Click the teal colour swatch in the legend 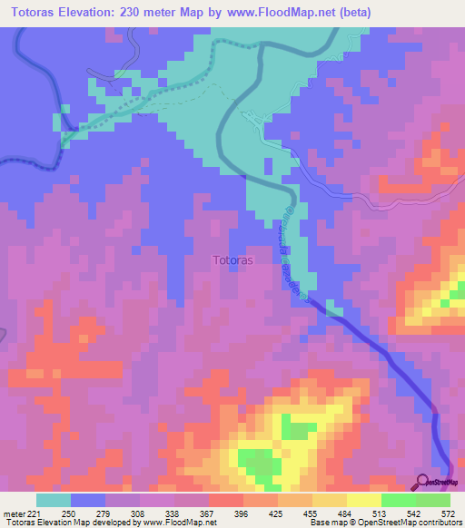coord(54,500)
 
